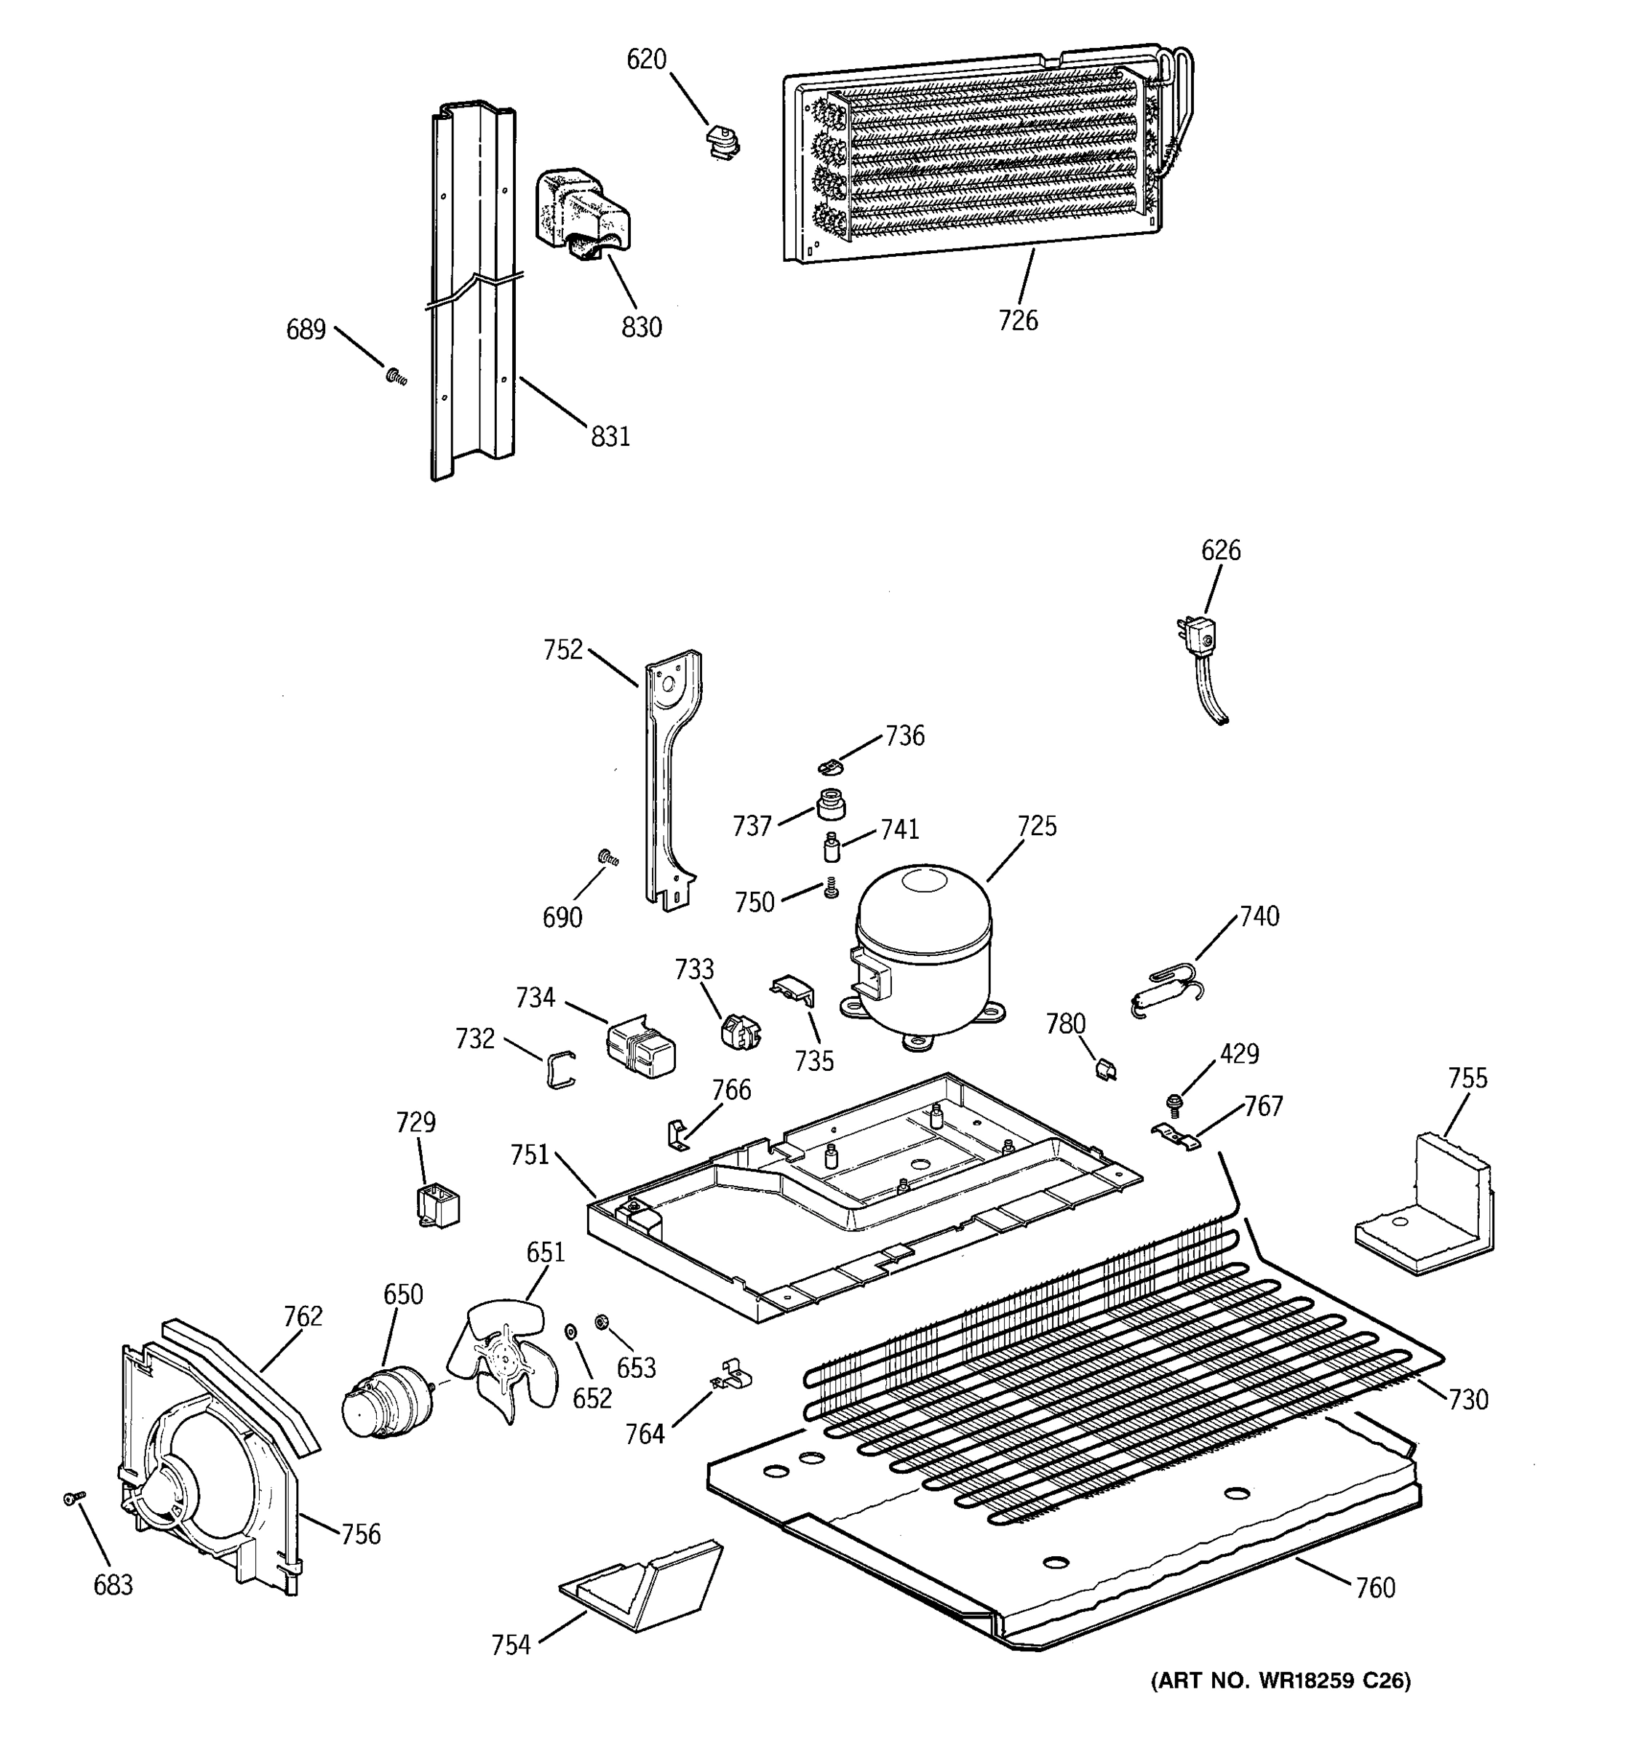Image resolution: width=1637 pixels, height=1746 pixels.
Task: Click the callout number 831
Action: click(610, 436)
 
